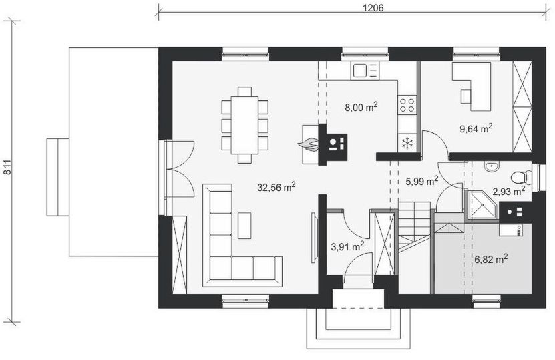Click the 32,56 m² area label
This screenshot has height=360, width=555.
click(276, 187)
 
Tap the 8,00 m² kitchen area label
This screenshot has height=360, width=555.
click(361, 107)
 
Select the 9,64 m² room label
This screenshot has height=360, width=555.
click(476, 128)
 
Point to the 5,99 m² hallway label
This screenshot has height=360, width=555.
click(422, 181)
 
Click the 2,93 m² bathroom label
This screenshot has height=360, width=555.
click(509, 191)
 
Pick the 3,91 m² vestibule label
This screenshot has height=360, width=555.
click(347, 246)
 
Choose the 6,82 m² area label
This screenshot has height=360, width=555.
click(491, 259)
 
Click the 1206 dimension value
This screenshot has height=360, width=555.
click(373, 8)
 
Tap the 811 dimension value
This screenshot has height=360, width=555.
click(7, 168)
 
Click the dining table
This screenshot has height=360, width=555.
click(244, 125)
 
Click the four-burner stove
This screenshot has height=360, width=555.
click(407, 105)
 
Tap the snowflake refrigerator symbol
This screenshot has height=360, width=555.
click(408, 143)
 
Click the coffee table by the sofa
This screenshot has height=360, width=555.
click(244, 226)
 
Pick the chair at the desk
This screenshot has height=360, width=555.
click(466, 96)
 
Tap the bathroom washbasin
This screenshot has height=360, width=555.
click(492, 166)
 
